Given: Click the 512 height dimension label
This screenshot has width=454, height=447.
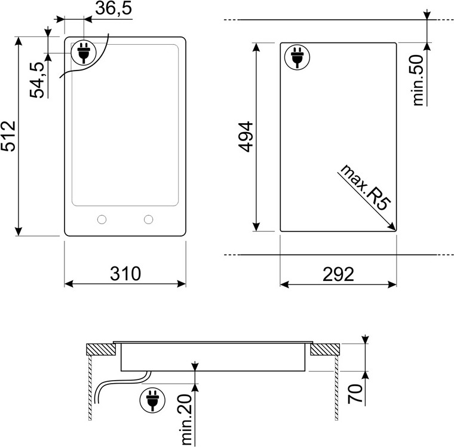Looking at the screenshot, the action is click(x=8, y=136).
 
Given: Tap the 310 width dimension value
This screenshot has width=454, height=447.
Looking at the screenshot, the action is click(x=125, y=274).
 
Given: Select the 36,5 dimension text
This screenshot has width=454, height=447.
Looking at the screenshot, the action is click(x=113, y=8).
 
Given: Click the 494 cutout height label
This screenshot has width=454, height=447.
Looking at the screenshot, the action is click(x=246, y=137).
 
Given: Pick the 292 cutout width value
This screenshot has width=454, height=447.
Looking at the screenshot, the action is click(x=338, y=274).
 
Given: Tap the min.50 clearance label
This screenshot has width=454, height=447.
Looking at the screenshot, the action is click(x=418, y=80).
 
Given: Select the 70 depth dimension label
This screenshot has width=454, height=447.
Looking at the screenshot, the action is click(x=355, y=393).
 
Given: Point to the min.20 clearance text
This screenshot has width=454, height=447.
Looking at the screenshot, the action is click(x=187, y=419).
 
